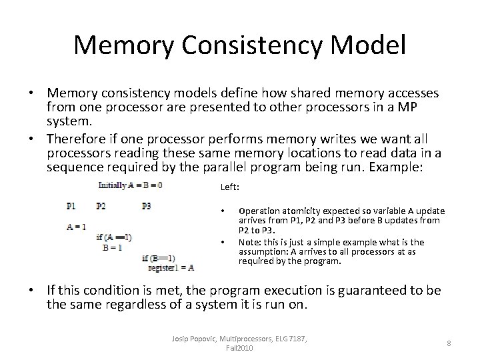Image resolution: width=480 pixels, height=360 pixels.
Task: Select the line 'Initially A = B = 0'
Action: click(x=131, y=185)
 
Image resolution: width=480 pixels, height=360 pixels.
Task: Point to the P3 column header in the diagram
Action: click(x=146, y=206)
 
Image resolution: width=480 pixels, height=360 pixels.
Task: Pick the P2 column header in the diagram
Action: click(x=101, y=206)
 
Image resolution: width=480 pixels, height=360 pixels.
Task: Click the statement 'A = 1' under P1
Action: click(x=76, y=227)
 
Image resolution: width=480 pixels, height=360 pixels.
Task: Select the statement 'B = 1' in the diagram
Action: click(x=112, y=247)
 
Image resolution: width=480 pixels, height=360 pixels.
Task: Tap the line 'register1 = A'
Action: click(x=171, y=267)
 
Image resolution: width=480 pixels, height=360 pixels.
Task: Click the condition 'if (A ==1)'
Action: click(x=114, y=237)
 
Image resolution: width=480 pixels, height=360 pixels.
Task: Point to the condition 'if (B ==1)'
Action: click(x=159, y=258)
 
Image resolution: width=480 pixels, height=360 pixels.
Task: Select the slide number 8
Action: click(x=449, y=343)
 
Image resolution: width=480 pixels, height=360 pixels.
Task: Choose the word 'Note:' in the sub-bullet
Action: click(x=250, y=242)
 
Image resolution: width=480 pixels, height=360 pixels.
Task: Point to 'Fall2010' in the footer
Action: click(x=239, y=348)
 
